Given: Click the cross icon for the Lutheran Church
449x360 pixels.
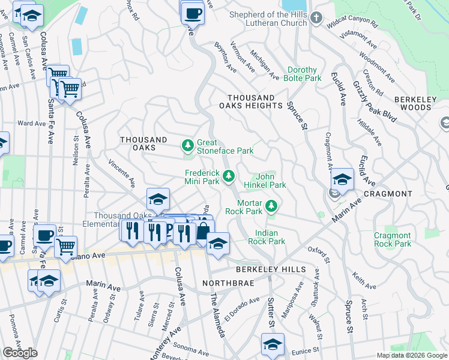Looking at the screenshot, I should (x=316, y=19).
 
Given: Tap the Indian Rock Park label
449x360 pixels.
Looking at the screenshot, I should (x=270, y=237).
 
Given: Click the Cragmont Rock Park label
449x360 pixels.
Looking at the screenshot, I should (x=393, y=239).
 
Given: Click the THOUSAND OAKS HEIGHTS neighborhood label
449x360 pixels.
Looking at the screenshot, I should (x=255, y=101).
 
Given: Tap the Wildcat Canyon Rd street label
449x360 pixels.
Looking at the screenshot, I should (x=352, y=25).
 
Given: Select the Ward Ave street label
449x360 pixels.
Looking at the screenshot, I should (x=32, y=124).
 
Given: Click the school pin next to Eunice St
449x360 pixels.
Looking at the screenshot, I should (x=272, y=345).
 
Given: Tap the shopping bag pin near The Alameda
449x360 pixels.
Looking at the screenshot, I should (x=203, y=230).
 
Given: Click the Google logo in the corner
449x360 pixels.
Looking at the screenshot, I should (x=20, y=353).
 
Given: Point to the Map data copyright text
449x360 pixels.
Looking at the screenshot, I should (x=412, y=355).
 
